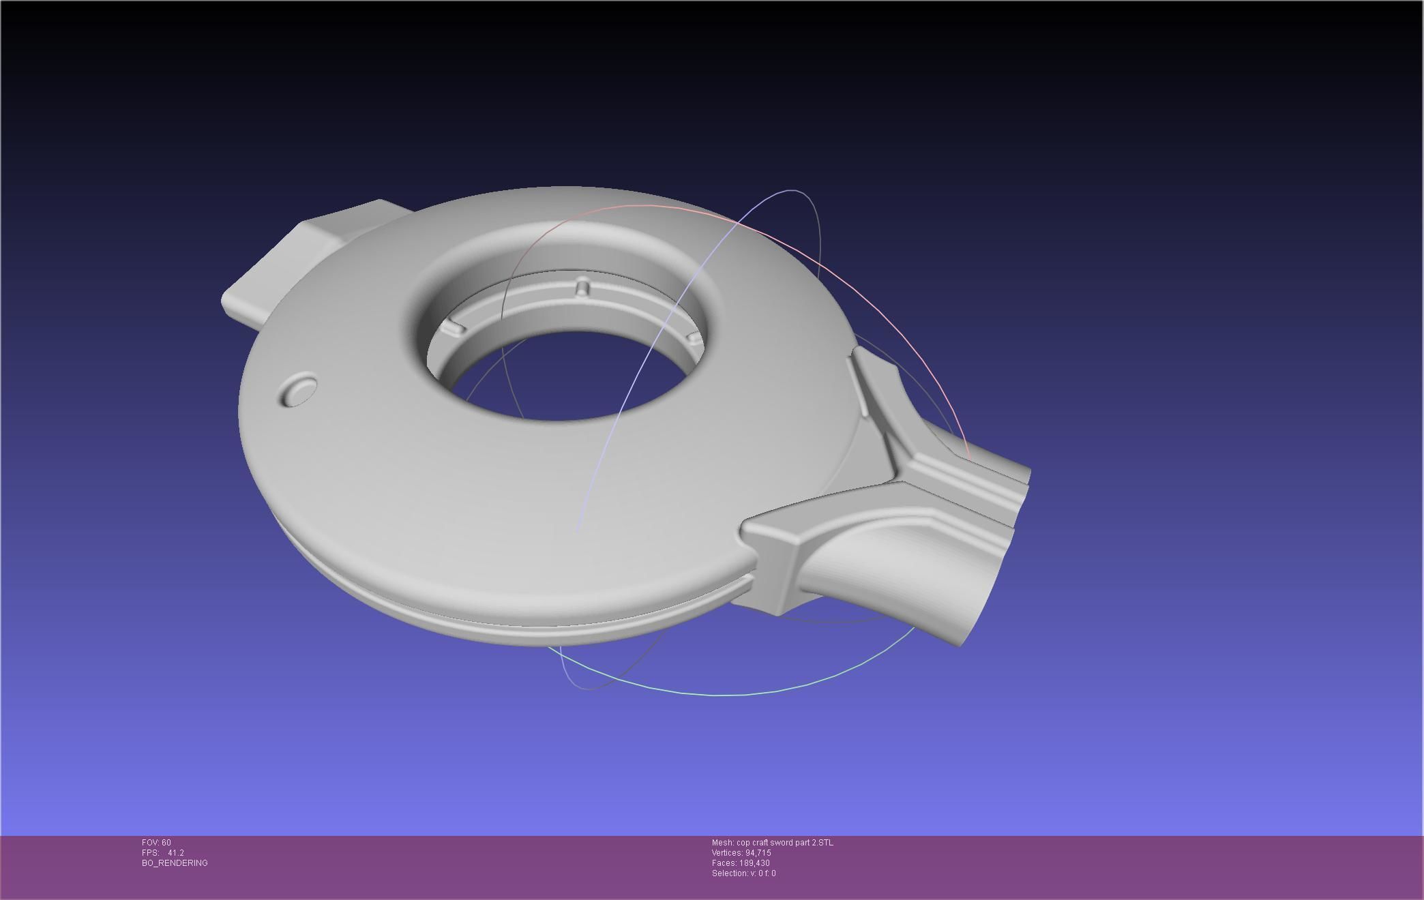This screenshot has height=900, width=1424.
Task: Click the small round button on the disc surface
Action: pyautogui.click(x=299, y=391)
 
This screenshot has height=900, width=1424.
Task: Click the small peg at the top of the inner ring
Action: pyautogui.click(x=582, y=287)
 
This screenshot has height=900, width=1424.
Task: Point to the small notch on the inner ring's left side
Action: pyautogui.click(x=452, y=329)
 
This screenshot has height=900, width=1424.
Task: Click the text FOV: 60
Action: pyautogui.click(x=156, y=843)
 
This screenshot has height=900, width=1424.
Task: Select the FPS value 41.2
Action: pyautogui.click(x=175, y=853)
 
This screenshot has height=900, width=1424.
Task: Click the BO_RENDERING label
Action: pyautogui.click(x=175, y=863)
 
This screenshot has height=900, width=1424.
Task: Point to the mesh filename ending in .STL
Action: pyautogui.click(x=784, y=843)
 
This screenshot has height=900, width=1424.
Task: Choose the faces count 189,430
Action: pyautogui.click(x=754, y=863)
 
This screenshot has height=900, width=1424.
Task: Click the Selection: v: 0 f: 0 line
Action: pyautogui.click(x=743, y=873)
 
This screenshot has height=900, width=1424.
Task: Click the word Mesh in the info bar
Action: pyautogui.click(x=722, y=843)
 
